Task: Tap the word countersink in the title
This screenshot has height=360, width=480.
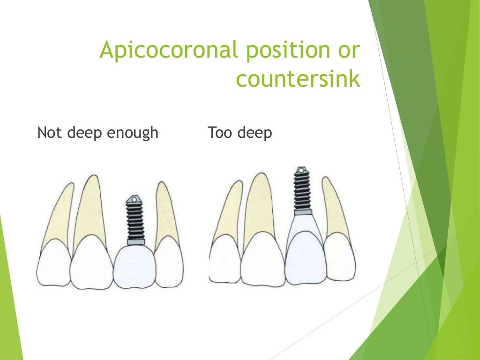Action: (298, 78)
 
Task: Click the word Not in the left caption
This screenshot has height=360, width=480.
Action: (49, 133)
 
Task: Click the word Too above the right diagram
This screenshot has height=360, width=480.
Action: (220, 133)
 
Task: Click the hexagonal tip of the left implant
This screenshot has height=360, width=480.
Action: (134, 200)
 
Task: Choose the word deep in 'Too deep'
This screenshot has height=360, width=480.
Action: (255, 134)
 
